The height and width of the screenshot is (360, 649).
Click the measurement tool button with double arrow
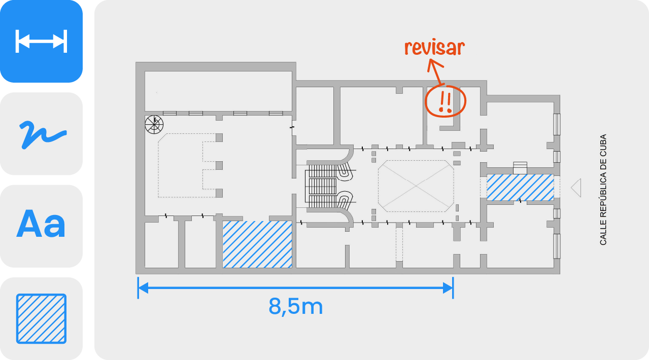pyautogui.click(x=41, y=41)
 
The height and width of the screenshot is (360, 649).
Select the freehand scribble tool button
pyautogui.click(x=41, y=134)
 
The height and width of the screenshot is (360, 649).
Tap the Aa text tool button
pyautogui.click(x=41, y=226)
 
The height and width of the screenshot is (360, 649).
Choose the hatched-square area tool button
pyautogui.click(x=41, y=318)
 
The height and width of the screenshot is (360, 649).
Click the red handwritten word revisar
pyautogui.click(x=434, y=47)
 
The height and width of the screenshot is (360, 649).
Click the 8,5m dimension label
pyautogui.click(x=296, y=306)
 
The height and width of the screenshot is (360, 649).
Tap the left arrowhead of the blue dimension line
pyautogui.click(x=143, y=288)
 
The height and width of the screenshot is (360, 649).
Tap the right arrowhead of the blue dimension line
pyautogui.click(x=448, y=288)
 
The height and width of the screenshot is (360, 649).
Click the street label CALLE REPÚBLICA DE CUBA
pyautogui.click(x=603, y=190)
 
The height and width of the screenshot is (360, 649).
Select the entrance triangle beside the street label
pyautogui.click(x=576, y=188)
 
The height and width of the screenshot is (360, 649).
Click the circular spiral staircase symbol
pyautogui.click(x=154, y=124)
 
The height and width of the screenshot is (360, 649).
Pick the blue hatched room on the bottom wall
pyautogui.click(x=257, y=244)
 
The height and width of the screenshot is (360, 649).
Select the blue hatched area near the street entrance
pyautogui.click(x=520, y=187)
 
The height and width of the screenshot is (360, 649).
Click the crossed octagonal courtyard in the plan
pyautogui.click(x=416, y=186)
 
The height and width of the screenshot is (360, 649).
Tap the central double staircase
pyautogui.click(x=327, y=187)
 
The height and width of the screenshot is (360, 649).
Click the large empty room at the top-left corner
pyautogui.click(x=218, y=91)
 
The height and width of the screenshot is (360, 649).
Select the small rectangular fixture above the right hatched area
pyautogui.click(x=520, y=167)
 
